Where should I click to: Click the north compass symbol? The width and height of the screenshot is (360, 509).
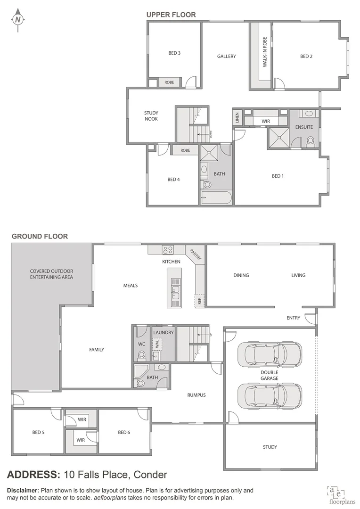(x=18, y=19)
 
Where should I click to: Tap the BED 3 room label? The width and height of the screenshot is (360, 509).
(x=174, y=53)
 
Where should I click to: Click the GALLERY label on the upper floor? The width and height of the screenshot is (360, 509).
(x=226, y=57)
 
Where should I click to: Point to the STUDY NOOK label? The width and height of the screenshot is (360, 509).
(x=151, y=116)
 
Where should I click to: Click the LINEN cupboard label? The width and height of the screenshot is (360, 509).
(x=237, y=118)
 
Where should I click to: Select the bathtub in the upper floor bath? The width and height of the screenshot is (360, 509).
(x=216, y=197)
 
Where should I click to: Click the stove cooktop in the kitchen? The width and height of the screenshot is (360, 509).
(x=168, y=250)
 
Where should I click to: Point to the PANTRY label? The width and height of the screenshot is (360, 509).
(x=195, y=254)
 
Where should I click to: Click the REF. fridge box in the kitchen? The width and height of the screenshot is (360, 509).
(x=200, y=301)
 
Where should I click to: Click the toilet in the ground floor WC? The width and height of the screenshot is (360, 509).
(x=142, y=355)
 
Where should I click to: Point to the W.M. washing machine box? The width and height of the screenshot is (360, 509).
(x=157, y=345)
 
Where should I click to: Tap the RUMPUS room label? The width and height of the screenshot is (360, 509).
(x=196, y=395)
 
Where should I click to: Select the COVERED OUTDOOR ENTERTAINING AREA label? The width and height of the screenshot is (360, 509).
(x=51, y=274)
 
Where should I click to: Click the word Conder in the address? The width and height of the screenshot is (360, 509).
(x=151, y=475)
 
